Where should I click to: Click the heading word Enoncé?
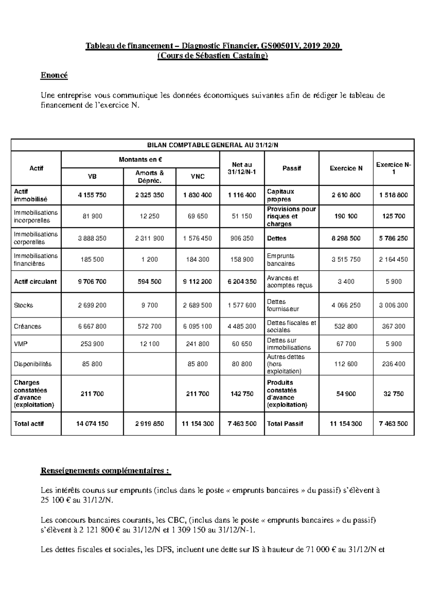pos(54,75)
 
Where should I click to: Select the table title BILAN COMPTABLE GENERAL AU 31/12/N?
pos(212,145)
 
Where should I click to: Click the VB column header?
pos(92,177)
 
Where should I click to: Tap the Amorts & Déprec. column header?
pos(149,177)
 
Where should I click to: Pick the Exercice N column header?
pos(346,168)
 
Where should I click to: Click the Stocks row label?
pos(23,305)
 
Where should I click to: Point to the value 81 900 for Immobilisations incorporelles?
pos(92,216)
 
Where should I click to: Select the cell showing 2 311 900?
pos(149,238)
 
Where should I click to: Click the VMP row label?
pos(20,344)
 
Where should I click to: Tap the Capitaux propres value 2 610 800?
pos(346,195)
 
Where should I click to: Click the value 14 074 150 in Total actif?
pos(92,424)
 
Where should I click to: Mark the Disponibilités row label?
pos(33,364)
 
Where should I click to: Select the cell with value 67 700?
pos(346,344)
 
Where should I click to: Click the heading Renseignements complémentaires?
pos(106,471)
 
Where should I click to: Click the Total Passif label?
pos(285,424)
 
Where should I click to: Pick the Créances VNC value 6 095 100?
pos(197,327)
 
